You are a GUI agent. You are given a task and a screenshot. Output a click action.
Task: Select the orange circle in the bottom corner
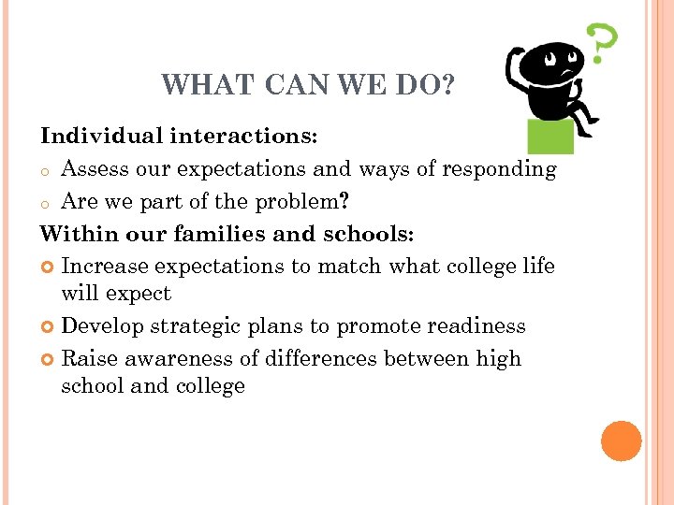(622, 440)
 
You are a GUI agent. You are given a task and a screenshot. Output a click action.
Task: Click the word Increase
(105, 266)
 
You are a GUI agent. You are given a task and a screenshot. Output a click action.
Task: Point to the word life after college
(538, 266)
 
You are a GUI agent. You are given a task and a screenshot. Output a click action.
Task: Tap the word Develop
(101, 326)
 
